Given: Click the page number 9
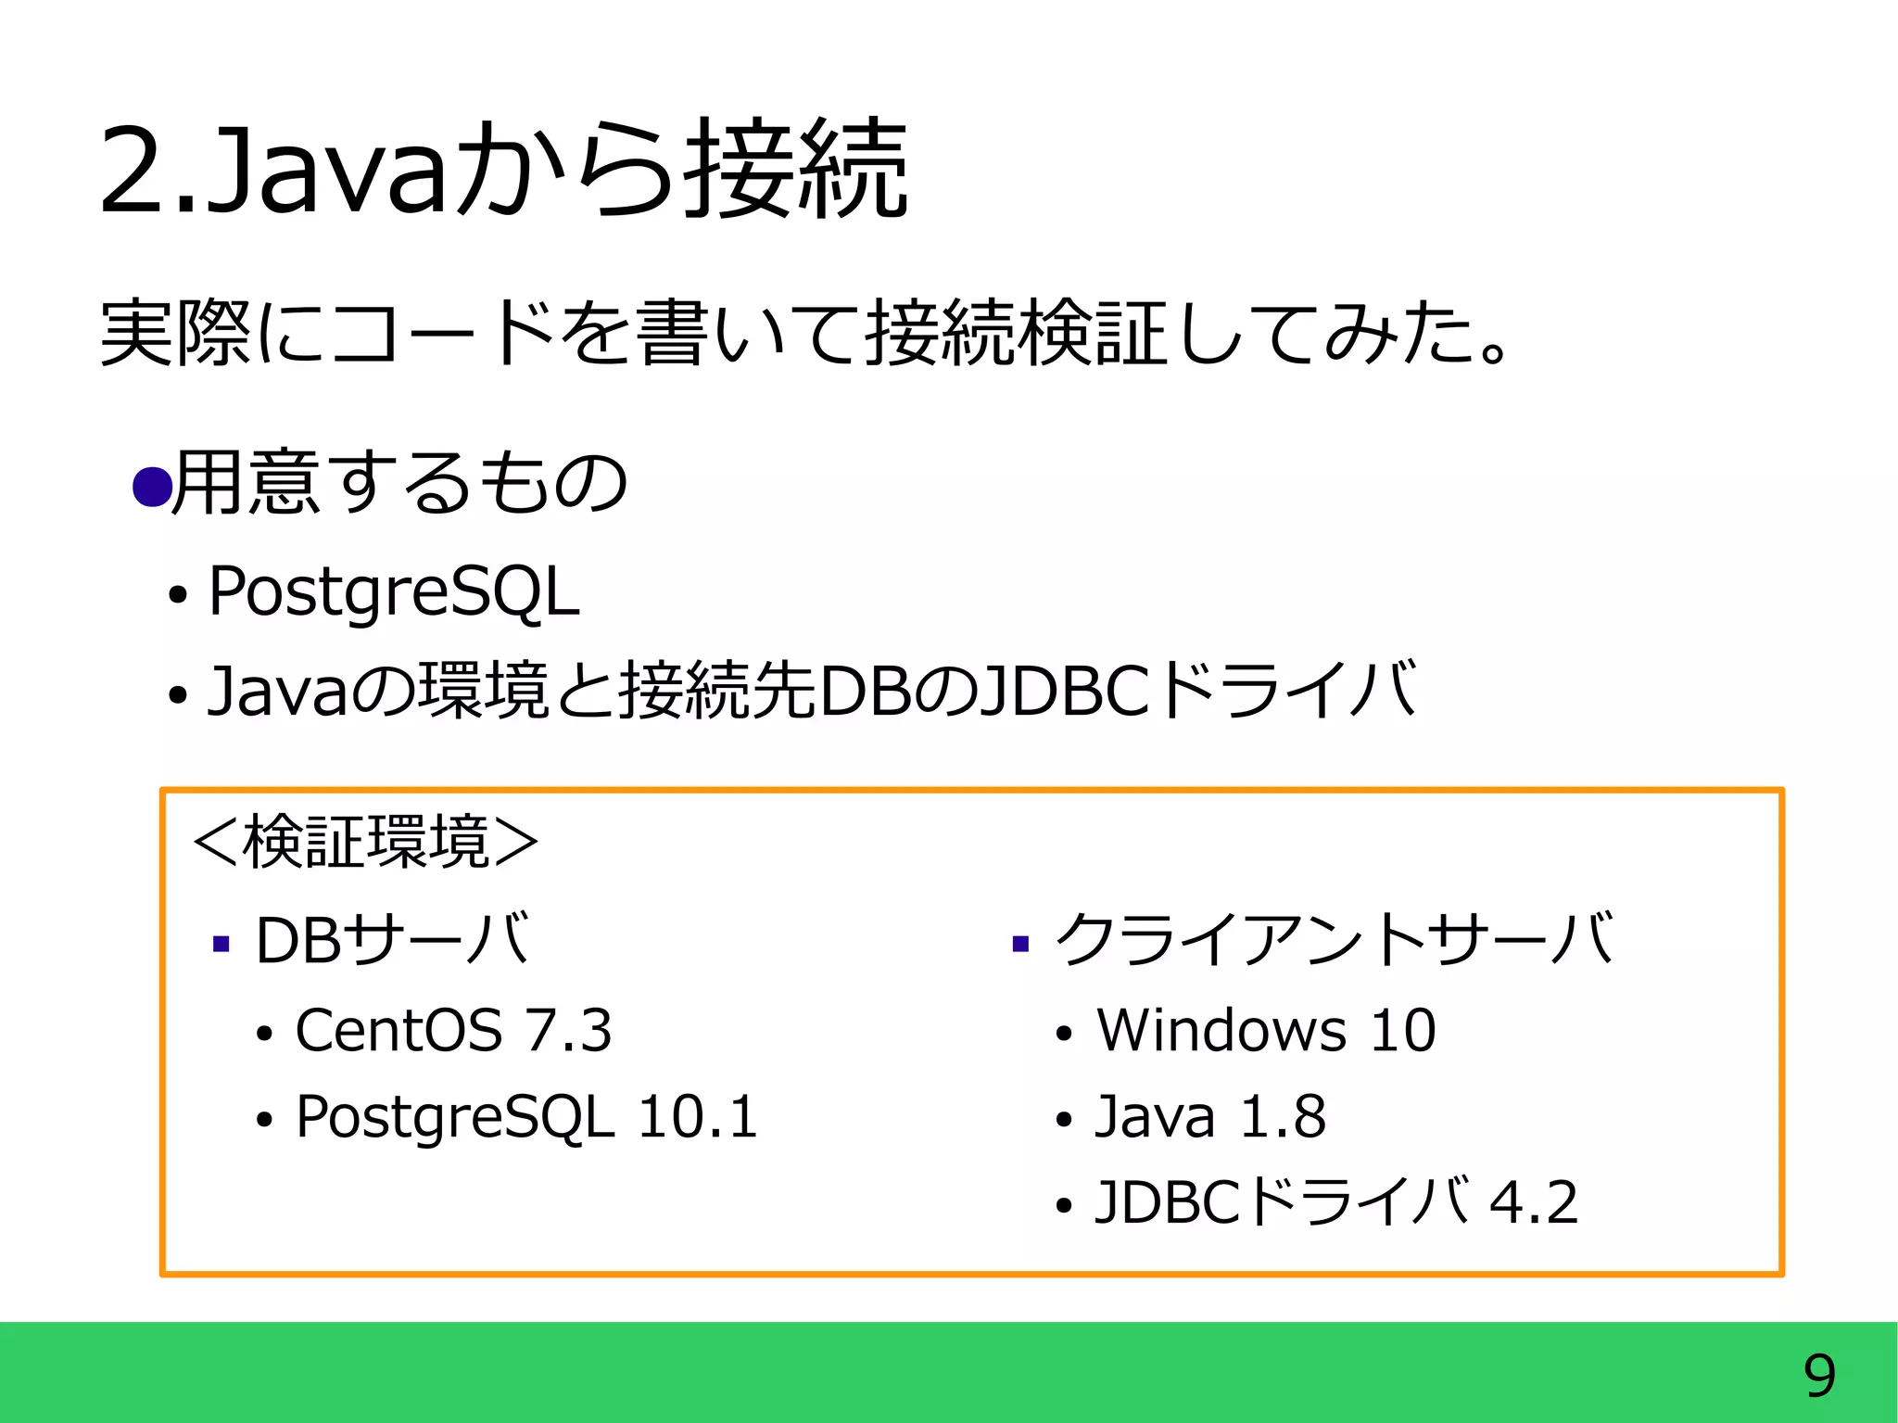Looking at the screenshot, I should pos(1819,1376).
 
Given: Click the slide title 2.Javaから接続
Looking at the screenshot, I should pos(503,170).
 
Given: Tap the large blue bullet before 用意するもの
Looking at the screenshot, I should pos(151,486).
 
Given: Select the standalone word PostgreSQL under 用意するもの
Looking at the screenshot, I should pos(394,591).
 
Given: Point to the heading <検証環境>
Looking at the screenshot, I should pos(365,843).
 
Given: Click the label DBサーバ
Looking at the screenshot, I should pos(392,940).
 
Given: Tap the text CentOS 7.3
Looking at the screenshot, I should pos(453,1030).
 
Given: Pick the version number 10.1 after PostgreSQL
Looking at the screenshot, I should pos(698,1116).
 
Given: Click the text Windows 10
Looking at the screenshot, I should pos(1266,1030).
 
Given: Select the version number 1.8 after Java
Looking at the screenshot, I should pos(1283,1116).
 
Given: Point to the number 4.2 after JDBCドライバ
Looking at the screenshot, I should pos(1533,1202).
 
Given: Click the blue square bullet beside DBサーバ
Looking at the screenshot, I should pos(221,945).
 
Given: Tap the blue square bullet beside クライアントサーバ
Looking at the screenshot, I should pos(1020,945).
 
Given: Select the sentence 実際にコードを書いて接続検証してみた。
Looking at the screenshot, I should pos(804,332).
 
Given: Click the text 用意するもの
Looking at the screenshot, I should pos(400,482).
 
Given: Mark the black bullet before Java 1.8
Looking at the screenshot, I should pos(1063,1120).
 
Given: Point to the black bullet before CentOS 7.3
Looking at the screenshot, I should pos(264,1034).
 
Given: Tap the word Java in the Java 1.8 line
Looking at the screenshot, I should pos(1155,1116).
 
